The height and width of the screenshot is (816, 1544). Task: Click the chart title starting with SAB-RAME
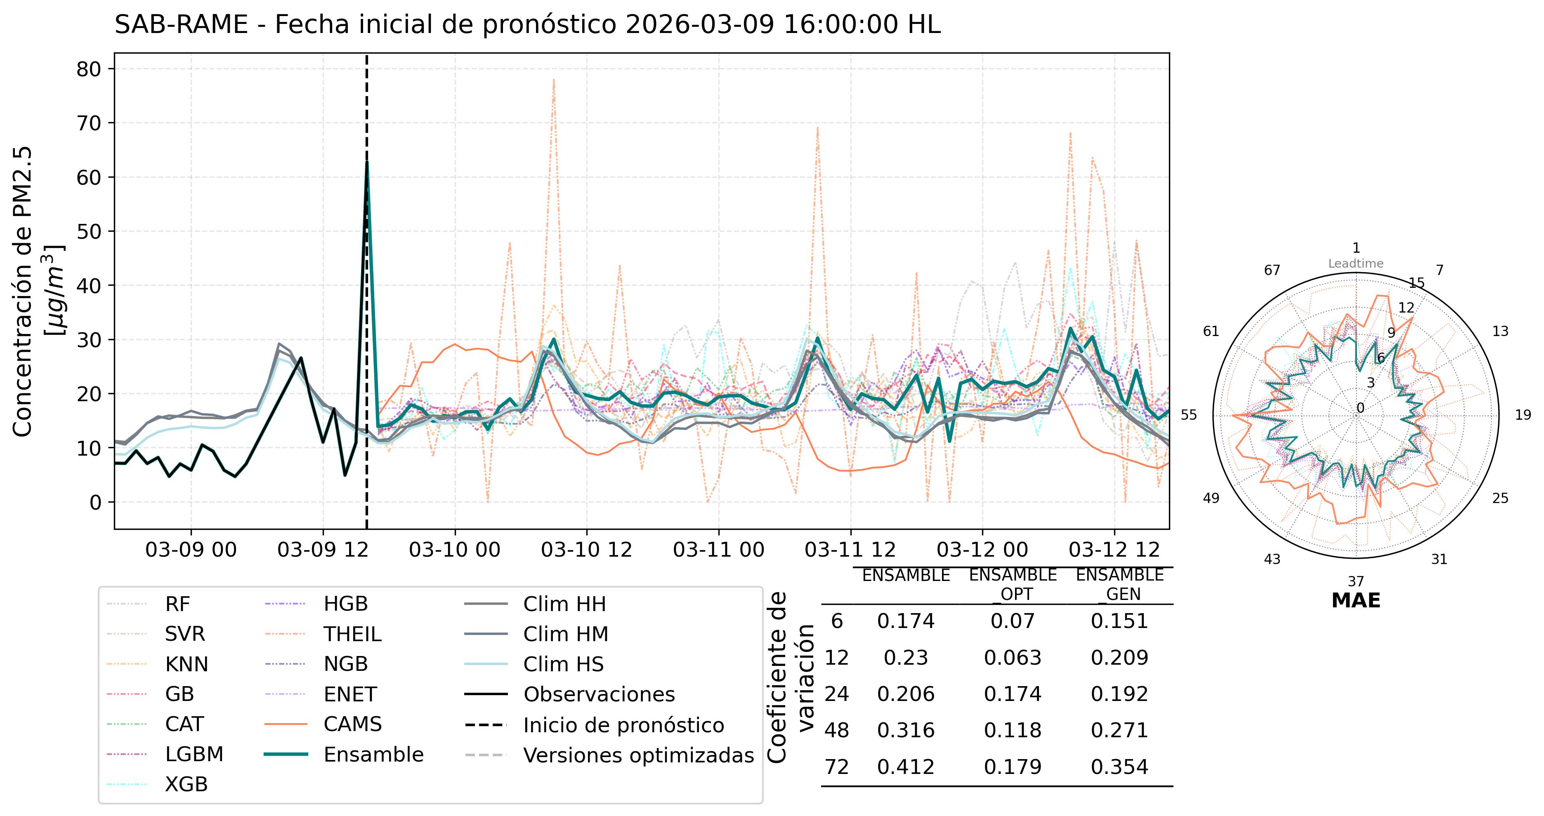tap(527, 25)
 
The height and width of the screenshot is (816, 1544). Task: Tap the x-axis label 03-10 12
tap(586, 549)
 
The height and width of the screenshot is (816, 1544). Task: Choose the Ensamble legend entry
tap(373, 754)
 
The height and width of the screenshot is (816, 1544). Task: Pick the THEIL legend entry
tap(352, 634)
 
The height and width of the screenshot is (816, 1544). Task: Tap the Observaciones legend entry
tap(599, 694)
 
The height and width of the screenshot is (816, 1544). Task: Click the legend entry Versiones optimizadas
tap(638, 755)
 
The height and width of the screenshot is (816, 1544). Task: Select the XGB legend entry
tap(187, 784)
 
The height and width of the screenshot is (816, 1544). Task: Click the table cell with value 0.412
tap(906, 767)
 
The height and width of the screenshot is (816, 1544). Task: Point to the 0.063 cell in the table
tap(1013, 658)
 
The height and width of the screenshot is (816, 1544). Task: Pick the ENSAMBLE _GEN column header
tap(1119, 584)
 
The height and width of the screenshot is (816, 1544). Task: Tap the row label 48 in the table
tap(837, 730)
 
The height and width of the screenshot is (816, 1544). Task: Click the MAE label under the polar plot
tap(1356, 601)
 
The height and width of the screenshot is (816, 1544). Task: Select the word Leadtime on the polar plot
tap(1356, 263)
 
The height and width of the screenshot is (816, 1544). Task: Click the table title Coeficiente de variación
tap(791, 677)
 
